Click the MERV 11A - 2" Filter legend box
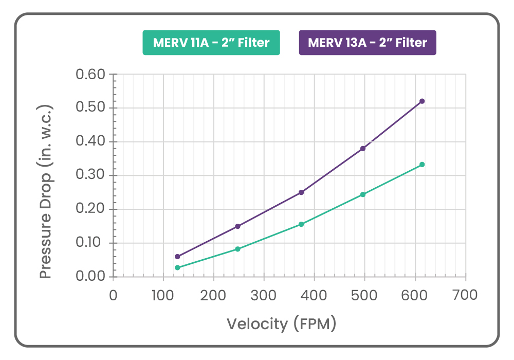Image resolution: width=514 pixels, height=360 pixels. point(211,43)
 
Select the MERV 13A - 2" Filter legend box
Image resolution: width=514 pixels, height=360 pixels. point(368,43)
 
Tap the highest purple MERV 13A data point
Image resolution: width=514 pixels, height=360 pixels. point(422,101)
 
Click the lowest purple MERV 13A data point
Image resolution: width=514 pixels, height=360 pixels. point(177,257)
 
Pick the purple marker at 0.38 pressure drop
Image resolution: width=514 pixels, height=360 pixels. point(363,149)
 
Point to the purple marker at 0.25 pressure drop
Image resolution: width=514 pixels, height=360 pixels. point(301,192)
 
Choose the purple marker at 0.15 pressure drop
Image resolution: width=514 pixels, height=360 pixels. point(237,226)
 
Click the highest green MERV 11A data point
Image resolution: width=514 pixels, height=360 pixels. point(422,165)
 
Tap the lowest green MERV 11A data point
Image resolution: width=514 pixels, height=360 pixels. point(177,267)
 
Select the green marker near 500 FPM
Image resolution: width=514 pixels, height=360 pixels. point(363,194)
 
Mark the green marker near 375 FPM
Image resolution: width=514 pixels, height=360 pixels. point(301,224)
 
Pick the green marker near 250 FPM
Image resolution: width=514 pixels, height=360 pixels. point(237,249)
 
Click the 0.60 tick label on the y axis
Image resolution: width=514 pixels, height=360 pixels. point(90,75)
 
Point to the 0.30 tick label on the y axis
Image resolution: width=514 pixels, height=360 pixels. point(90,175)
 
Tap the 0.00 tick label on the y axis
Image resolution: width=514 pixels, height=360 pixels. point(90,277)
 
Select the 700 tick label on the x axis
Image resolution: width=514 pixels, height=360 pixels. point(466,295)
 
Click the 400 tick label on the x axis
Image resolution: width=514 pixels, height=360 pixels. point(314,295)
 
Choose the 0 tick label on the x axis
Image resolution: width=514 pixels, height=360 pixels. point(113,295)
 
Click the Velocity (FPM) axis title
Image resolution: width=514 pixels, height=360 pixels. point(281,324)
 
